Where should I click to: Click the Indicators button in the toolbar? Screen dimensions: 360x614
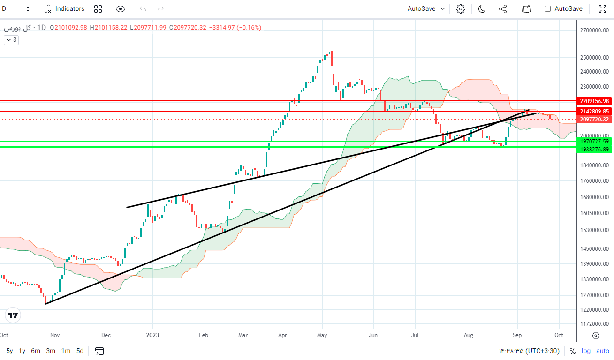click(65, 8)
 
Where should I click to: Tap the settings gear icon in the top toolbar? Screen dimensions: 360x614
click(460, 8)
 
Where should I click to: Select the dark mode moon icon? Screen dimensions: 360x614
click(482, 8)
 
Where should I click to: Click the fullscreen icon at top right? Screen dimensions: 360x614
click(603, 8)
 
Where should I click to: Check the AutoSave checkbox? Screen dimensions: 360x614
click(547, 8)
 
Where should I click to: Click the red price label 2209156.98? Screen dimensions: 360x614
click(594, 101)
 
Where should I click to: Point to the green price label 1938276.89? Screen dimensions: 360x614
click(594, 149)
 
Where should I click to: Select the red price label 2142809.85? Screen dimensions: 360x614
click(594, 112)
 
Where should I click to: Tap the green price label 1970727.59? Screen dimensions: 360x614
click(594, 141)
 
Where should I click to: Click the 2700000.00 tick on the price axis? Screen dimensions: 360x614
click(594, 30)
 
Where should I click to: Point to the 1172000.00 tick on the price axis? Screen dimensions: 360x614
click(594, 324)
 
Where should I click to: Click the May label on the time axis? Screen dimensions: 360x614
click(322, 335)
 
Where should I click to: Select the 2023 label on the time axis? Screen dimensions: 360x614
click(152, 335)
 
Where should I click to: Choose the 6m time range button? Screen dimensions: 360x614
click(36, 351)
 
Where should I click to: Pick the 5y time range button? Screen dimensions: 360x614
click(9, 351)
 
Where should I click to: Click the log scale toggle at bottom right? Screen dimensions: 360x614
click(586, 351)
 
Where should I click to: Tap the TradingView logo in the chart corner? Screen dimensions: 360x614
click(13, 315)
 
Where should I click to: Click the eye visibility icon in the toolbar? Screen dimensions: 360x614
click(121, 8)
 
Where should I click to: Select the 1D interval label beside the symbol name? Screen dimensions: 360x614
click(41, 27)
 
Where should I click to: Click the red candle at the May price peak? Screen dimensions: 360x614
click(331, 58)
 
